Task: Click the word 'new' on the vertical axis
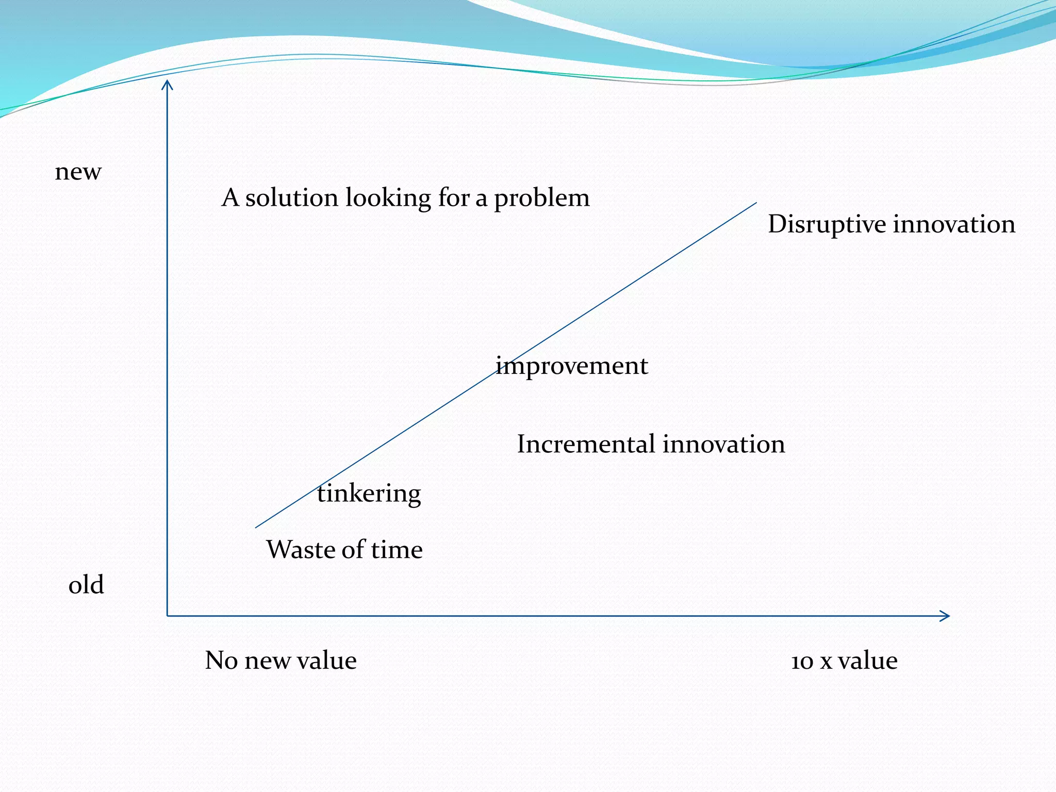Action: click(x=78, y=172)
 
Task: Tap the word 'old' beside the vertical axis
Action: click(x=86, y=585)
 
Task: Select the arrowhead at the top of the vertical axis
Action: click(x=167, y=84)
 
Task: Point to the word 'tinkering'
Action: click(x=369, y=494)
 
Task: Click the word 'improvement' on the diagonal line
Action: click(x=571, y=367)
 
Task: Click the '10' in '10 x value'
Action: click(x=802, y=662)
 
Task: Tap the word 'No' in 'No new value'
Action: click(x=221, y=661)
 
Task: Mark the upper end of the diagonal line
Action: click(x=755, y=203)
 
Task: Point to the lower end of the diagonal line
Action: click(x=256, y=527)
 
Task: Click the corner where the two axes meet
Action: click(x=168, y=616)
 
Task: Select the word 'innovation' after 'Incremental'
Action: click(x=723, y=444)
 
